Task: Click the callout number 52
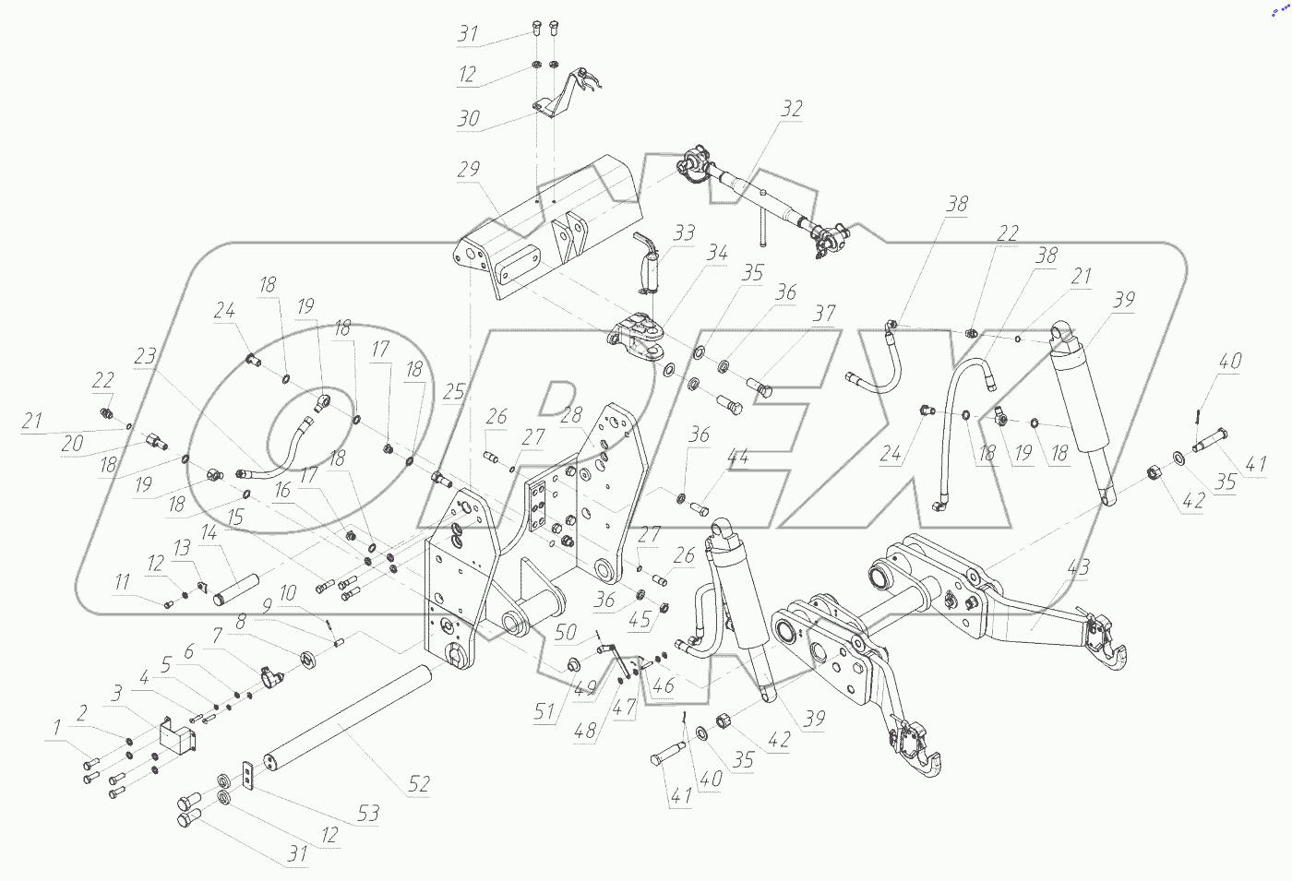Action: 419,784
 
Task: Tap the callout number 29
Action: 469,170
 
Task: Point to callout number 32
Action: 792,108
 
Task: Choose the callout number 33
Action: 683,232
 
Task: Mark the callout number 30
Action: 469,118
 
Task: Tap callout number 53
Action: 369,814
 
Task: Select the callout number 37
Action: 823,313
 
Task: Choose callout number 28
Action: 572,416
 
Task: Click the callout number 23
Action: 144,355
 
